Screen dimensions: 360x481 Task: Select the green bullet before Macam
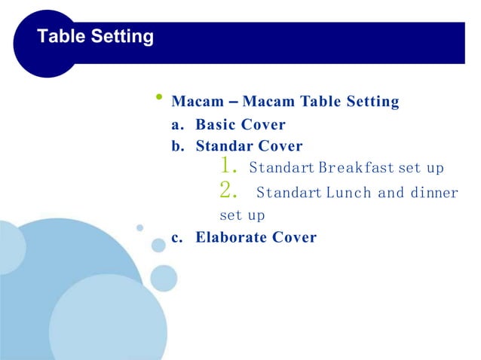(159, 97)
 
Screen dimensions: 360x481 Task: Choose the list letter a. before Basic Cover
(179, 124)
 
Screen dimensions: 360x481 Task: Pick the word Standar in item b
(225, 146)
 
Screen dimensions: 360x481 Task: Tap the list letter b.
(179, 146)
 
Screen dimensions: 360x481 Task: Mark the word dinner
(434, 192)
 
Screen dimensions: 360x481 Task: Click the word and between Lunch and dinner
(391, 192)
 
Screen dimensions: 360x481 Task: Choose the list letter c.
(178, 237)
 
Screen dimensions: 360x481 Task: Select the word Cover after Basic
(263, 124)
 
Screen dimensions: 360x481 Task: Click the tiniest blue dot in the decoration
(139, 227)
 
